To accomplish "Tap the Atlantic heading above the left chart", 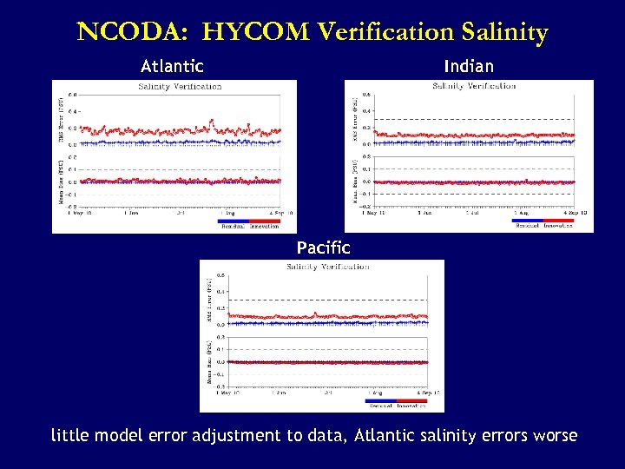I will [x=172, y=66].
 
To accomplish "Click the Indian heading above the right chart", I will [x=468, y=66].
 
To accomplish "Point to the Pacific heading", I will [x=323, y=248].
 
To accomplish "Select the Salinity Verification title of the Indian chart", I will [x=474, y=86].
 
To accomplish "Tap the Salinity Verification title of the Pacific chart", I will [x=327, y=266].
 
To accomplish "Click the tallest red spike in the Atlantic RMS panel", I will [x=210, y=122].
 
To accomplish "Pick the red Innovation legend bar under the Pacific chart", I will [x=411, y=401].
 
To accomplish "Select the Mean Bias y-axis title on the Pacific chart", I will [x=208, y=361].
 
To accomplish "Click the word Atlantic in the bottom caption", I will [x=388, y=435].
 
